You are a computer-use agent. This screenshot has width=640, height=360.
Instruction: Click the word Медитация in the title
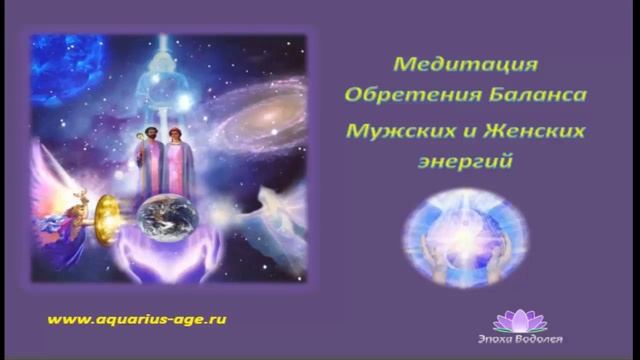pos(466,66)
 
